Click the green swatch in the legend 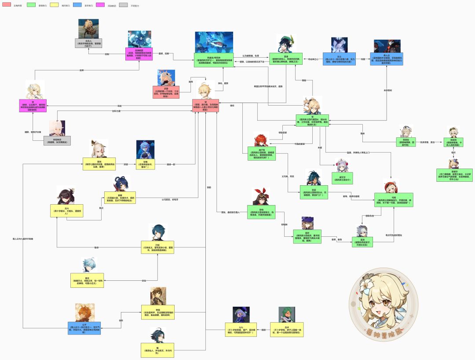click(31, 5)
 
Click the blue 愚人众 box click(386, 59)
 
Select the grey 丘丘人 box click(88, 43)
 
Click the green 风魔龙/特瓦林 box click(214, 59)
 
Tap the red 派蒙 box click(166, 92)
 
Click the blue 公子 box click(84, 328)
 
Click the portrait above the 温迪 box click(286, 43)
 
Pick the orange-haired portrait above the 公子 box click(84, 312)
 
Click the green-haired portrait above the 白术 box click(287, 314)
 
